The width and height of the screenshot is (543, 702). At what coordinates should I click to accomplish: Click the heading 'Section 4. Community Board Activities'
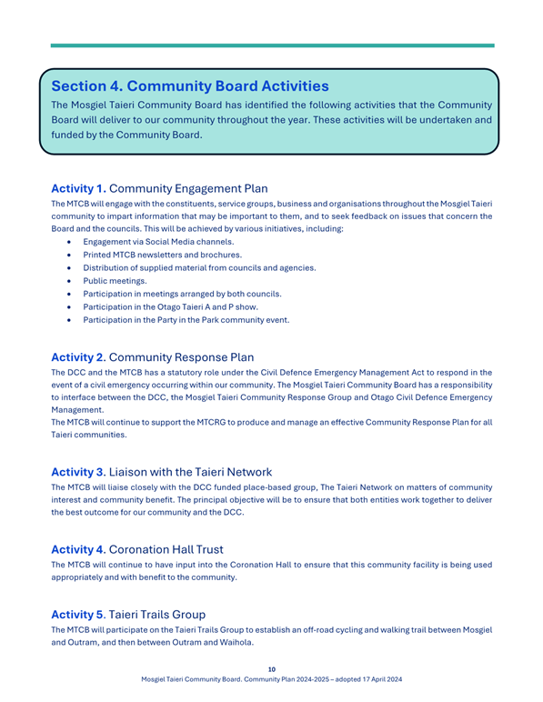190,86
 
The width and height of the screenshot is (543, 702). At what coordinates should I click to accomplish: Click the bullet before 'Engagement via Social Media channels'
69,242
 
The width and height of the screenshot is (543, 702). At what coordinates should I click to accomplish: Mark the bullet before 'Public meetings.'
69,281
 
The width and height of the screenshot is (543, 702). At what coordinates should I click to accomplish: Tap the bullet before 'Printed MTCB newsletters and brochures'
69,255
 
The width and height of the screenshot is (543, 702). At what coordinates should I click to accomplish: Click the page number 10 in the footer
271,669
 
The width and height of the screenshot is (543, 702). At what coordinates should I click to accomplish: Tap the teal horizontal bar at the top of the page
271,45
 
